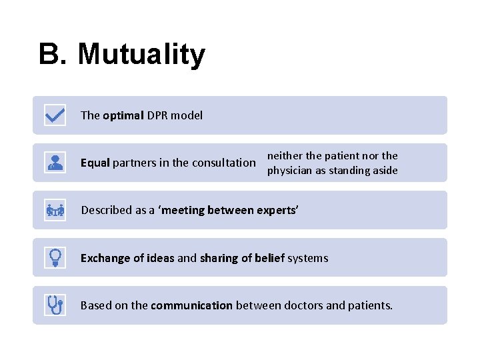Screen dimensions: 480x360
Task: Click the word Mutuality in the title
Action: pyautogui.click(x=141, y=55)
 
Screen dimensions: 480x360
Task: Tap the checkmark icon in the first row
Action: pyautogui.click(x=55, y=115)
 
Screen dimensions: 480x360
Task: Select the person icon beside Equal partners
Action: pyautogui.click(x=55, y=163)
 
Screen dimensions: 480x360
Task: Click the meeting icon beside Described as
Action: pyautogui.click(x=55, y=211)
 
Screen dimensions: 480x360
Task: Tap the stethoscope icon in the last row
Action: pyautogui.click(x=55, y=305)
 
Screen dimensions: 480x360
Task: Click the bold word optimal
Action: pyautogui.click(x=123, y=115)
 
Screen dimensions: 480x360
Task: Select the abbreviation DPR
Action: pyautogui.click(x=157, y=115)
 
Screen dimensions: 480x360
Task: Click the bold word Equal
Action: pyautogui.click(x=95, y=163)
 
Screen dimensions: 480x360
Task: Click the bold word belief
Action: pyautogui.click(x=269, y=258)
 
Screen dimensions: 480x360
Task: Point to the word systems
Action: pyautogui.click(x=307, y=258)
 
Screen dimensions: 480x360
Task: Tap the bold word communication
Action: pyautogui.click(x=191, y=305)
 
